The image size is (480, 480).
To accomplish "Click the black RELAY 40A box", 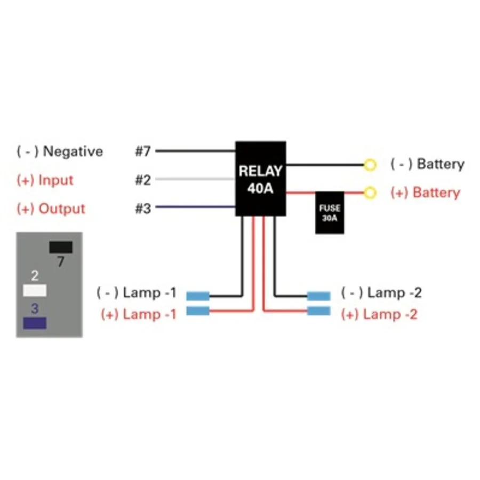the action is tap(260, 179).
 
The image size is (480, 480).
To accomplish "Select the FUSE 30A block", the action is tap(330, 213).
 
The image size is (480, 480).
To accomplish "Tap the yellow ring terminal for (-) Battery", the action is tap(370, 165).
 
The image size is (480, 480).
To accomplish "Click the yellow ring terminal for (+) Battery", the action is tap(370, 193).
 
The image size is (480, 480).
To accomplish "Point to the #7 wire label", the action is tap(143, 151).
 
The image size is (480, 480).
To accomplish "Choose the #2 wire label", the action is tap(143, 180).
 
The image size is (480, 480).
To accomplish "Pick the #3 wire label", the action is tap(143, 209).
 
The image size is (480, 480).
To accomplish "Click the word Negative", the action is tap(73, 151).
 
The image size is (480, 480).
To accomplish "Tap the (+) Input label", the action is tap(45, 180).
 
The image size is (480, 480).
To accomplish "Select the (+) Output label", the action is tap(51, 209).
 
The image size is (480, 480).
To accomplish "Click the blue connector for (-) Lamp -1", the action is tap(198, 296).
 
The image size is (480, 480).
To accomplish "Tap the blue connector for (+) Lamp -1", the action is tap(198, 311).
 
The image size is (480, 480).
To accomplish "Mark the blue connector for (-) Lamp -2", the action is tap(319, 296).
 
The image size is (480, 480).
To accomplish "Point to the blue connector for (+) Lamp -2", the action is tap(319, 311).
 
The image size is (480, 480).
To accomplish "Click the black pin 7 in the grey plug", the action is tap(61, 247).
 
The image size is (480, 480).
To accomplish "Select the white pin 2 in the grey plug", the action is tap(35, 290).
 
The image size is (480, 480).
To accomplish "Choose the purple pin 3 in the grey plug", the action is tap(35, 323).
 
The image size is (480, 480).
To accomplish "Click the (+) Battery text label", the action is tap(426, 193).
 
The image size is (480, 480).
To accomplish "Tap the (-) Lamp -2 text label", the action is tap(381, 293).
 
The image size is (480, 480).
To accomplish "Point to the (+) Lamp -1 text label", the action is tap(139, 314).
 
